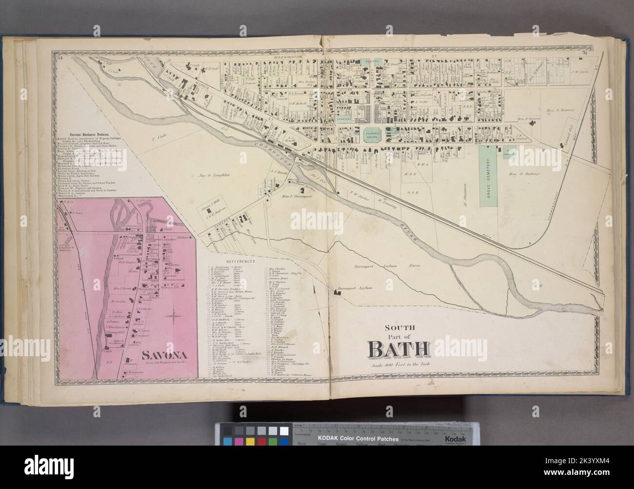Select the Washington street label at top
pos(285,57)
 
